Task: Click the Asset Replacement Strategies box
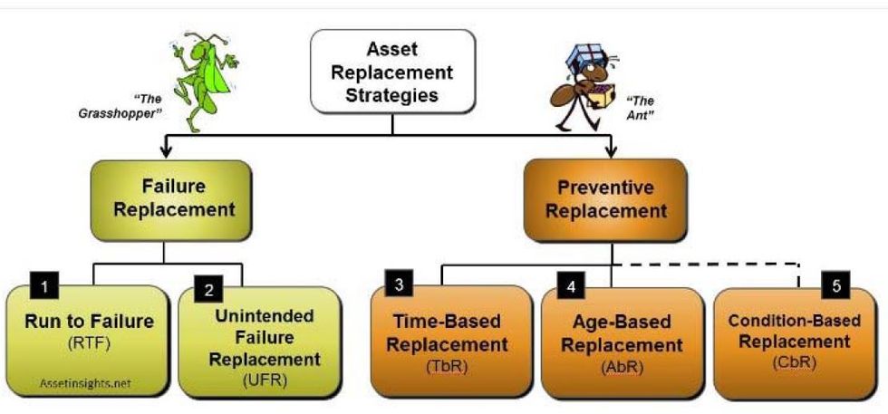tap(392, 72)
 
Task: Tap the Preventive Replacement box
tap(612, 199)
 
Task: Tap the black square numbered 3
tap(401, 284)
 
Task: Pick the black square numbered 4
tap(570, 286)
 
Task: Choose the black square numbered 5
tap(837, 286)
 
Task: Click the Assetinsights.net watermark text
tap(85, 383)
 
